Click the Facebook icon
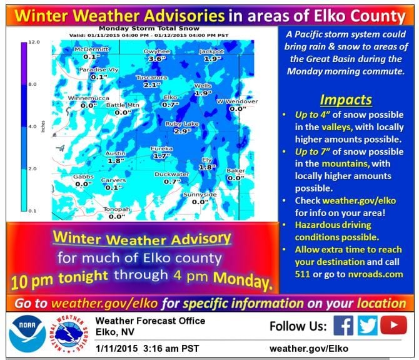click(343, 326)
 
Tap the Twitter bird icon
click(369, 326)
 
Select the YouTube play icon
click(394, 326)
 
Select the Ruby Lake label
click(182, 124)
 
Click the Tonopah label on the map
click(117, 209)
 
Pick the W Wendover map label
click(237, 101)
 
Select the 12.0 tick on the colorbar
click(34, 42)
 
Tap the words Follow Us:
click(298, 326)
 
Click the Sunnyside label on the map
click(200, 195)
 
